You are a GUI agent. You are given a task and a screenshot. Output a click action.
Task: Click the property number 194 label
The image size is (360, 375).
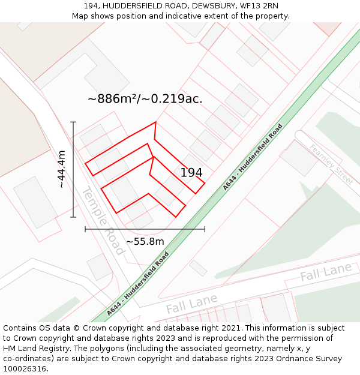(x=191, y=173)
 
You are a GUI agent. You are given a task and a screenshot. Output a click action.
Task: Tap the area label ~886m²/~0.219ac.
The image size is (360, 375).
(x=145, y=99)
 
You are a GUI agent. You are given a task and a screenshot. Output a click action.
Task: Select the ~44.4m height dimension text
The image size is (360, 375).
(x=61, y=170)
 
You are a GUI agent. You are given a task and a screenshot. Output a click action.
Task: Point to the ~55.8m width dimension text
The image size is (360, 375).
(x=145, y=241)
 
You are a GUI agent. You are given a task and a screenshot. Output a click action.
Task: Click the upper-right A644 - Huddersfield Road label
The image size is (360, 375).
(x=252, y=157)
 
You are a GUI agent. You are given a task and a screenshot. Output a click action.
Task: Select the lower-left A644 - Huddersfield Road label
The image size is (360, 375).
(x=137, y=284)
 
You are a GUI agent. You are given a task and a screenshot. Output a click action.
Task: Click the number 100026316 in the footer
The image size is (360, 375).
(x=24, y=368)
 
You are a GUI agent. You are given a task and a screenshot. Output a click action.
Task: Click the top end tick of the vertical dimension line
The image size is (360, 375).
(x=73, y=122)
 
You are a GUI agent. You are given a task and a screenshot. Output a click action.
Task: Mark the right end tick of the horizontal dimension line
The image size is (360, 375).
(x=205, y=229)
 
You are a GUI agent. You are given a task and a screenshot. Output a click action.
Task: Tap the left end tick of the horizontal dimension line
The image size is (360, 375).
(x=85, y=229)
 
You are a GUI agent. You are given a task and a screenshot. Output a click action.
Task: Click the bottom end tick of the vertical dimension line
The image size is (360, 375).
(x=73, y=217)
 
